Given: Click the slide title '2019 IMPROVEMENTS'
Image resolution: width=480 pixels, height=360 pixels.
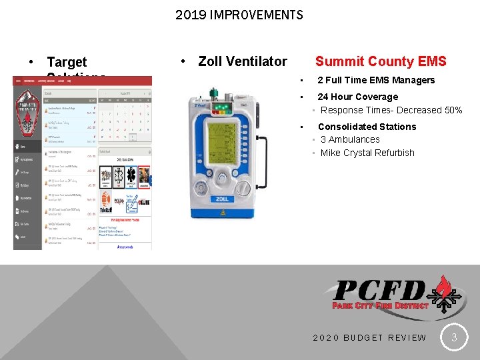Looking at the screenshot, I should coord(239,15).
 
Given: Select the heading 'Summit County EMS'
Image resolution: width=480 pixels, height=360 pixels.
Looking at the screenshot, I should coord(381,61).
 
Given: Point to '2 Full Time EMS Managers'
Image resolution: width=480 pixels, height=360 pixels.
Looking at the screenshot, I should coord(376,81).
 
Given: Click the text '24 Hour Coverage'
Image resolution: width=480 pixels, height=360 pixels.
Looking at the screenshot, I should coord(357,97).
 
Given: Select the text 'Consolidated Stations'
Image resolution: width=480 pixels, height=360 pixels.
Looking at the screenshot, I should coord(367,127).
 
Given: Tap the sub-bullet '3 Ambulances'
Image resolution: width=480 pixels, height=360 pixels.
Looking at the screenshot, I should coord(350,139).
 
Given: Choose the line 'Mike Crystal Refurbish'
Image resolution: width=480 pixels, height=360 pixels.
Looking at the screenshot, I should coord(367,153).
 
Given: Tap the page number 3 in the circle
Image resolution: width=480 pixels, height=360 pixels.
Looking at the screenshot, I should coord(454,337).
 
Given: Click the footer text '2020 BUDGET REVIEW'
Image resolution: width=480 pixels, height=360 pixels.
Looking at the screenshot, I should coord(369,337).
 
